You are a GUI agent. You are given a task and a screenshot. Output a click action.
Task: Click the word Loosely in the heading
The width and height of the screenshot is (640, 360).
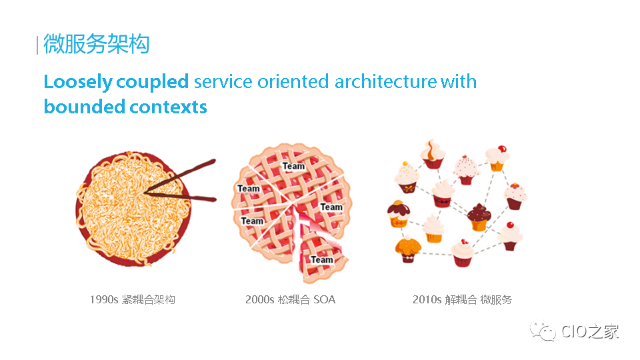pos(78,82)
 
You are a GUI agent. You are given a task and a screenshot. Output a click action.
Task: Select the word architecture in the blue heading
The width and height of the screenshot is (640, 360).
pos(385,81)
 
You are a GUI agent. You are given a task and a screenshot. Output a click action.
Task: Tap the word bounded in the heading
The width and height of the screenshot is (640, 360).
pos(85,107)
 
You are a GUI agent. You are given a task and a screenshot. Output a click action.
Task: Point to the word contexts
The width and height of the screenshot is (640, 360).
pos(169,107)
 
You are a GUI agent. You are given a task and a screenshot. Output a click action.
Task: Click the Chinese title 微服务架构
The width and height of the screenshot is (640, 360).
pos(96,44)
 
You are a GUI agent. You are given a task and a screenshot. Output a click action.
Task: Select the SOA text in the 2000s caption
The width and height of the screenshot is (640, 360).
pos(325,299)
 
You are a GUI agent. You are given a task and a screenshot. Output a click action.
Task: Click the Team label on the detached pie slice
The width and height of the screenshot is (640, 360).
pos(321,259)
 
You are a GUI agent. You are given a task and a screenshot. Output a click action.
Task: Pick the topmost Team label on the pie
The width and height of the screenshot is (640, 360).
pos(293,166)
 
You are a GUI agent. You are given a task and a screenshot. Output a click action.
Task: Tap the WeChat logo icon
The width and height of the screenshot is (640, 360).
pos(543,331)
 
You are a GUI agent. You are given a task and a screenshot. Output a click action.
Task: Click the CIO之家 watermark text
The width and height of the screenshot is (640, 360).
pos(590,331)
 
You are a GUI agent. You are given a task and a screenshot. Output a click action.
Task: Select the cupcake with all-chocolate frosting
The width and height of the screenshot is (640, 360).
pos(479,217)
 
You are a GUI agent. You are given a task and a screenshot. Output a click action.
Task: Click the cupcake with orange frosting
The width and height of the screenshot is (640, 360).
pos(408,249)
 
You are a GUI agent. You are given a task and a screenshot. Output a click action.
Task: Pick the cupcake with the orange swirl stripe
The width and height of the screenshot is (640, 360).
pos(433,154)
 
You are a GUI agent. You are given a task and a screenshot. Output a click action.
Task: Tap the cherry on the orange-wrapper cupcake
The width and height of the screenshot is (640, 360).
pos(502,149)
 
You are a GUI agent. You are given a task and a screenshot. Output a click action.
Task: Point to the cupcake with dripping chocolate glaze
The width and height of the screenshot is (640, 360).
pos(399,214)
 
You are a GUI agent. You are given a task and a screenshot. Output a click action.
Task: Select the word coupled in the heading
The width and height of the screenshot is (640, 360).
pos(152,82)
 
